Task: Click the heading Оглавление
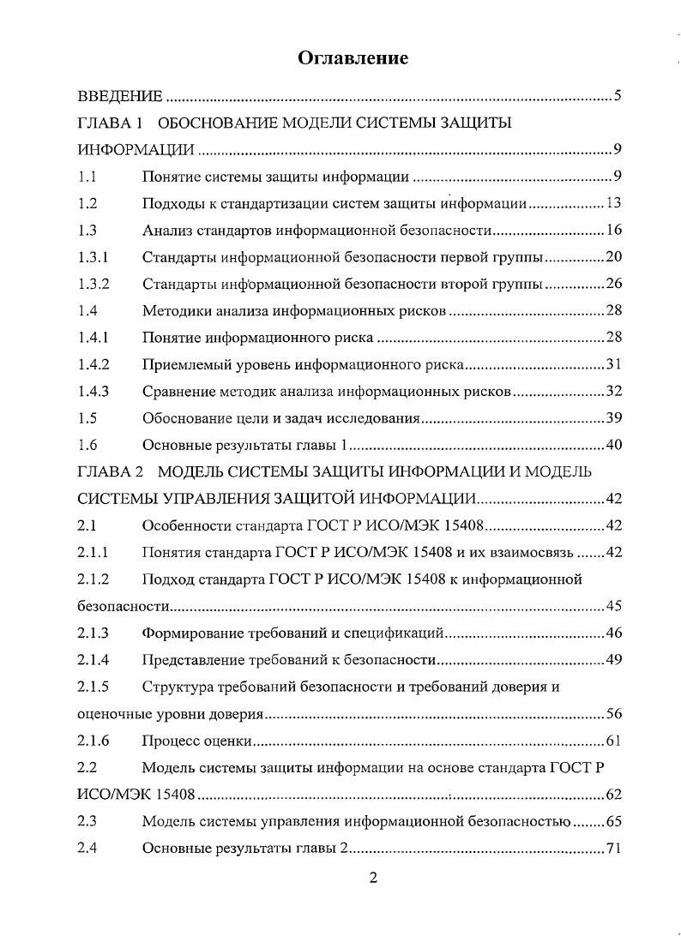point(353,57)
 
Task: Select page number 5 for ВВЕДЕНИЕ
point(618,94)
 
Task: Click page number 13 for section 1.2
point(613,204)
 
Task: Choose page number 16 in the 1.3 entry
point(613,231)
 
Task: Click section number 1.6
point(87,444)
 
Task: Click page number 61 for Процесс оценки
point(613,741)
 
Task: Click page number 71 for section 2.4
point(613,848)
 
